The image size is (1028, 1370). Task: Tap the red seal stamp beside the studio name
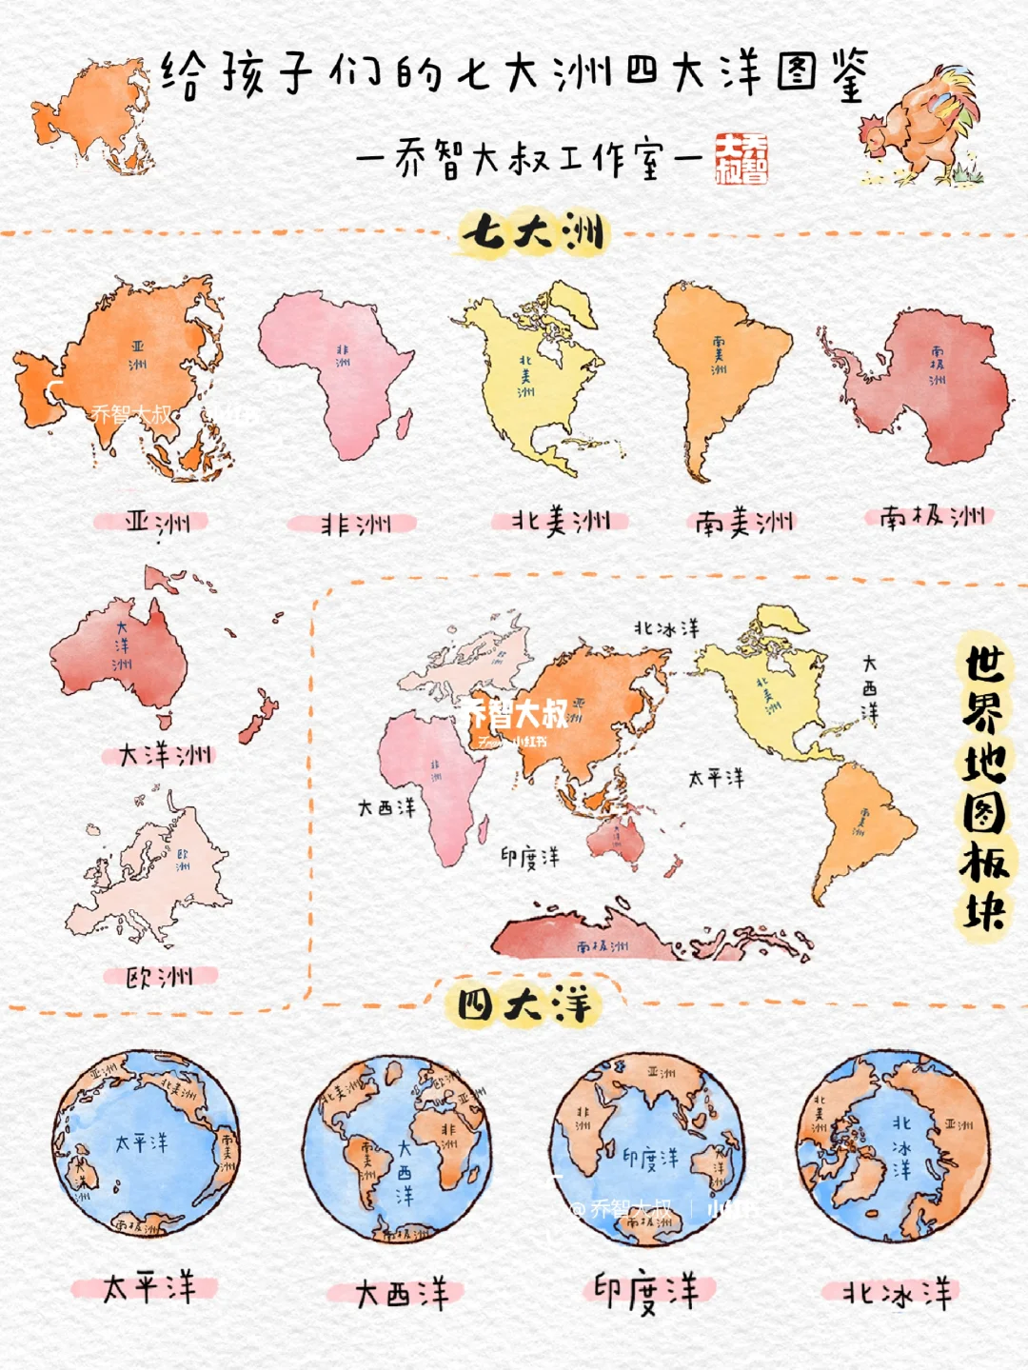741,157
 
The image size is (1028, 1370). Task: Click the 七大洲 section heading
533,232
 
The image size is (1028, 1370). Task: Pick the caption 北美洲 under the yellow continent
561,521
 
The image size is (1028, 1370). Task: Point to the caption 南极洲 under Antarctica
931,517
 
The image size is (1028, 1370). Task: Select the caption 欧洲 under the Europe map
160,977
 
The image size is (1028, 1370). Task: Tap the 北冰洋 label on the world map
666,628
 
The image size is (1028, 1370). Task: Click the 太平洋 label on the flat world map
716,779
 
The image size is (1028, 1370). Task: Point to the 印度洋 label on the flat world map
530,858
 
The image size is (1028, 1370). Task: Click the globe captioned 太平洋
146,1143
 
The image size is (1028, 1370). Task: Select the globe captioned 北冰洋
893,1146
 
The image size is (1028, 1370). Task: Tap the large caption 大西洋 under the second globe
401,1294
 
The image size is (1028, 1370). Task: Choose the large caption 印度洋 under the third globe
647,1292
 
